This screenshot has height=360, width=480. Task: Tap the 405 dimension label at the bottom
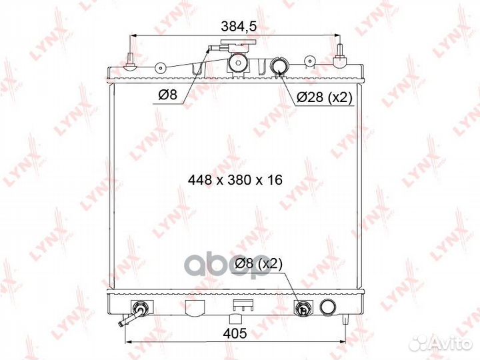[235, 333]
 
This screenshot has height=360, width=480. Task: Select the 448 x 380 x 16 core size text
[235, 180]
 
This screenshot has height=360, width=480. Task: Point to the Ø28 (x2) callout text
[325, 97]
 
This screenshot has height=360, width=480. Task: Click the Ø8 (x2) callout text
[259, 263]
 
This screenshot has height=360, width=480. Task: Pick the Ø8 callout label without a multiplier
[167, 95]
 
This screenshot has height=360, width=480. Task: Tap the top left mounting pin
[131, 62]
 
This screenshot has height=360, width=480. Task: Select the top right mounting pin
[339, 56]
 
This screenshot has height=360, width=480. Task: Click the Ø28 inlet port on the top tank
[279, 65]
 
